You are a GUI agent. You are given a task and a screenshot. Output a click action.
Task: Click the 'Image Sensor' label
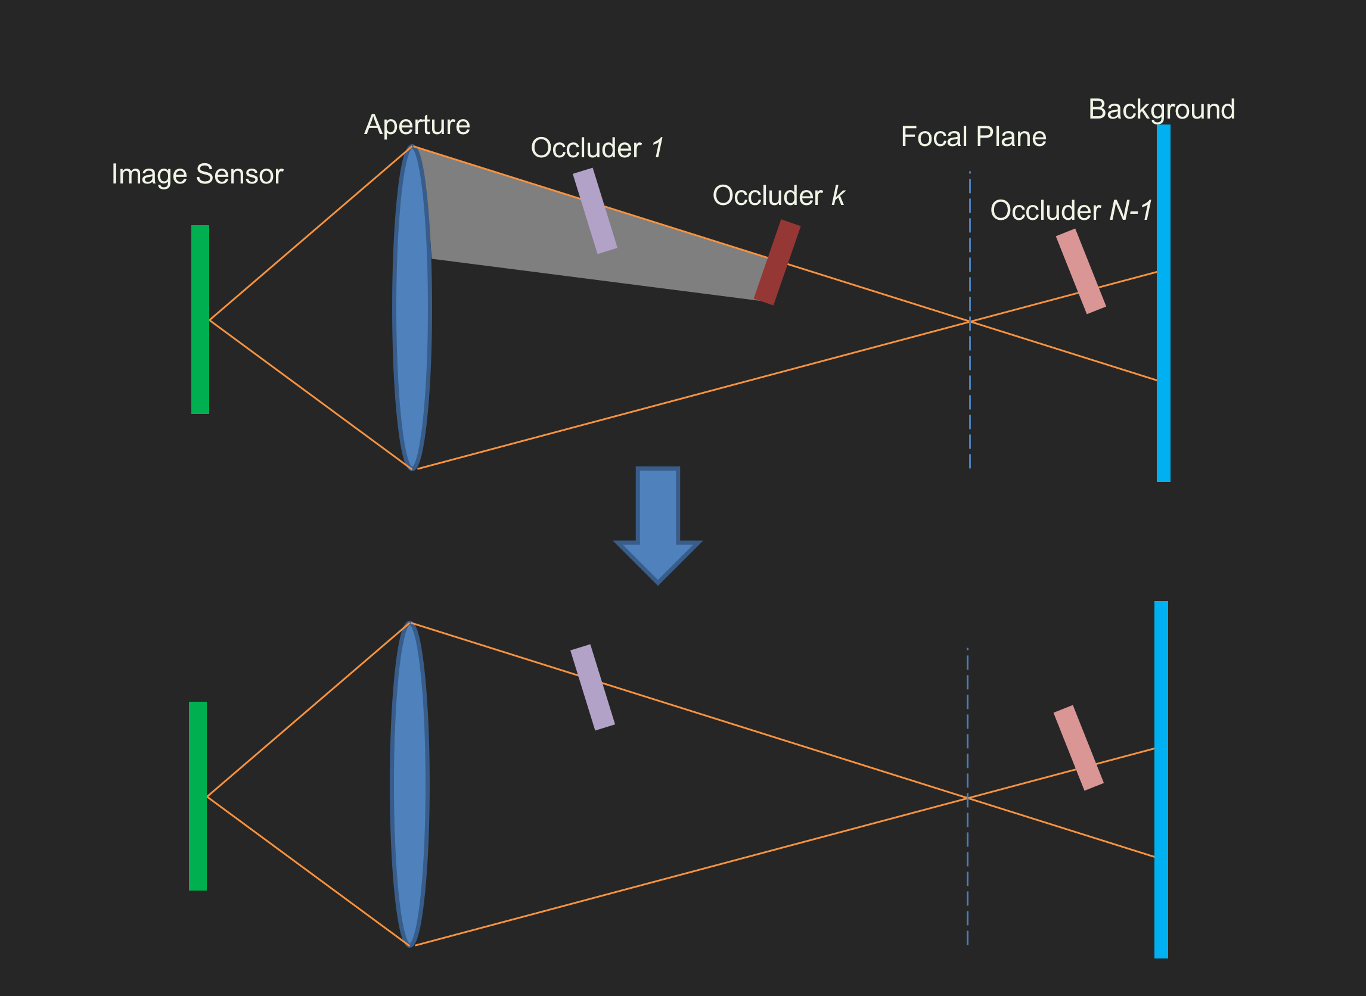[197, 174]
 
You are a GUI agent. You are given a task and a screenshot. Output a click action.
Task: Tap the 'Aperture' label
[417, 125]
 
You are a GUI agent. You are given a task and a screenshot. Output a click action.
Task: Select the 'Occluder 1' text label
[597, 148]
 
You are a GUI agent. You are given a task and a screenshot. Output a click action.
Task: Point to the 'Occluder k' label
[778, 196]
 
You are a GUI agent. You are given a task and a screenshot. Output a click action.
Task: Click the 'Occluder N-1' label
[1071, 210]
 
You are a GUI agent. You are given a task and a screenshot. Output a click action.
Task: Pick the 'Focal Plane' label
[973, 137]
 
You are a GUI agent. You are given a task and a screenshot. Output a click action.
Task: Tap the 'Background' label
[1162, 110]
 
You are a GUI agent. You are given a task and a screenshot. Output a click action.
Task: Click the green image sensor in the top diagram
[200, 319]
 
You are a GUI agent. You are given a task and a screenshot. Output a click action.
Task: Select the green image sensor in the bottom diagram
[198, 796]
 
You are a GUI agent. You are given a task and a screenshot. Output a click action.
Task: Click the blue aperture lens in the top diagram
[412, 307]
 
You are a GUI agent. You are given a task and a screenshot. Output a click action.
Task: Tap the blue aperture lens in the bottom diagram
[410, 784]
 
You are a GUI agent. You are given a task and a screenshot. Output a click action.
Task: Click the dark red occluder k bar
[777, 262]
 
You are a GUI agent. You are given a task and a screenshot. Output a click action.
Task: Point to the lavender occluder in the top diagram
[595, 211]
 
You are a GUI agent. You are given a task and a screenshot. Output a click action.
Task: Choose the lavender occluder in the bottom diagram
[592, 687]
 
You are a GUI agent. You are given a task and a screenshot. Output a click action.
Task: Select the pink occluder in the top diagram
[1081, 271]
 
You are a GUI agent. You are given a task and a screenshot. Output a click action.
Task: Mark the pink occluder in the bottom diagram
[1078, 748]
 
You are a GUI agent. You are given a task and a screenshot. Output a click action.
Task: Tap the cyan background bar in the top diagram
[1163, 303]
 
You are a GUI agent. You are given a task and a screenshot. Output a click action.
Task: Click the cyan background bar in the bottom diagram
[1161, 780]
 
